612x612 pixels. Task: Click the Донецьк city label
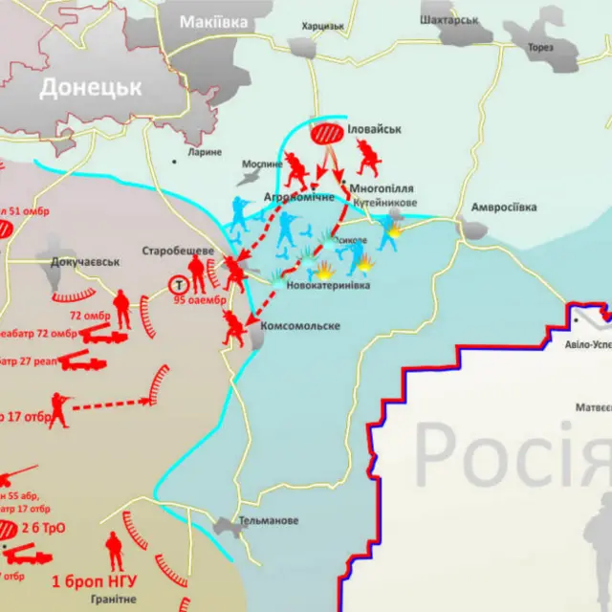click(x=91, y=87)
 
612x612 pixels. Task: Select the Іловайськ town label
click(x=374, y=127)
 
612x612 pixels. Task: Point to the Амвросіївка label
click(x=504, y=208)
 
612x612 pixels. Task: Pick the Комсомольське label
click(x=300, y=326)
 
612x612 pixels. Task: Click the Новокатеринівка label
click(x=328, y=284)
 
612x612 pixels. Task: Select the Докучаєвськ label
click(x=79, y=261)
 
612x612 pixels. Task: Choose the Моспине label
click(x=262, y=164)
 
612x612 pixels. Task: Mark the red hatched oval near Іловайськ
click(x=327, y=136)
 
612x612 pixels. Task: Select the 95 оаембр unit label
click(x=200, y=299)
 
